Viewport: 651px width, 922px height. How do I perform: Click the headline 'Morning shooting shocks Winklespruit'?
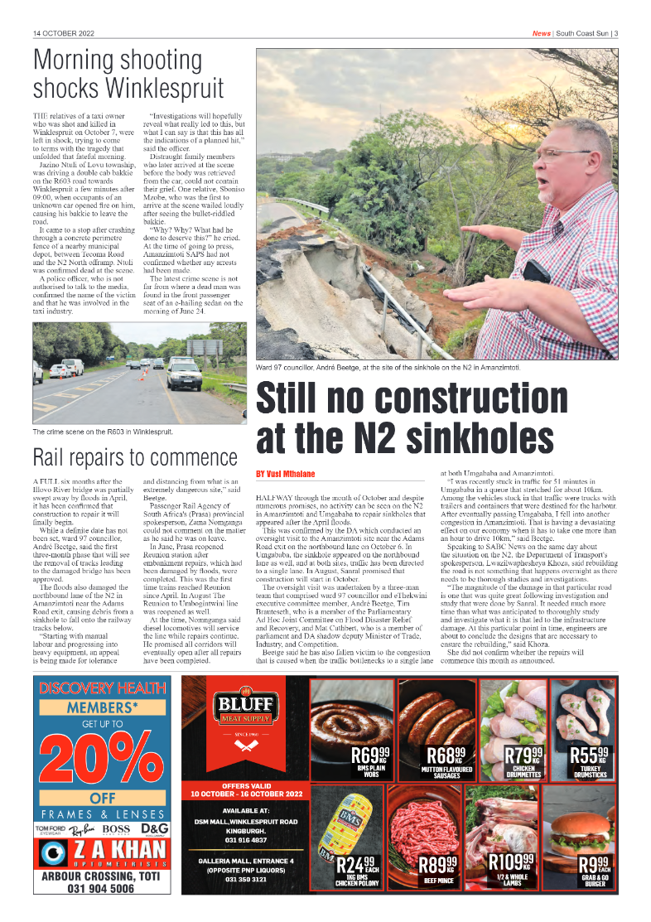click(128, 74)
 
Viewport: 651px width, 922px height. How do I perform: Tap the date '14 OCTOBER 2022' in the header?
click(64, 34)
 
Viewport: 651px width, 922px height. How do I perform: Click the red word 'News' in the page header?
click(541, 34)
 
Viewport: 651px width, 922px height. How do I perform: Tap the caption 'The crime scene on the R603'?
click(103, 432)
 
